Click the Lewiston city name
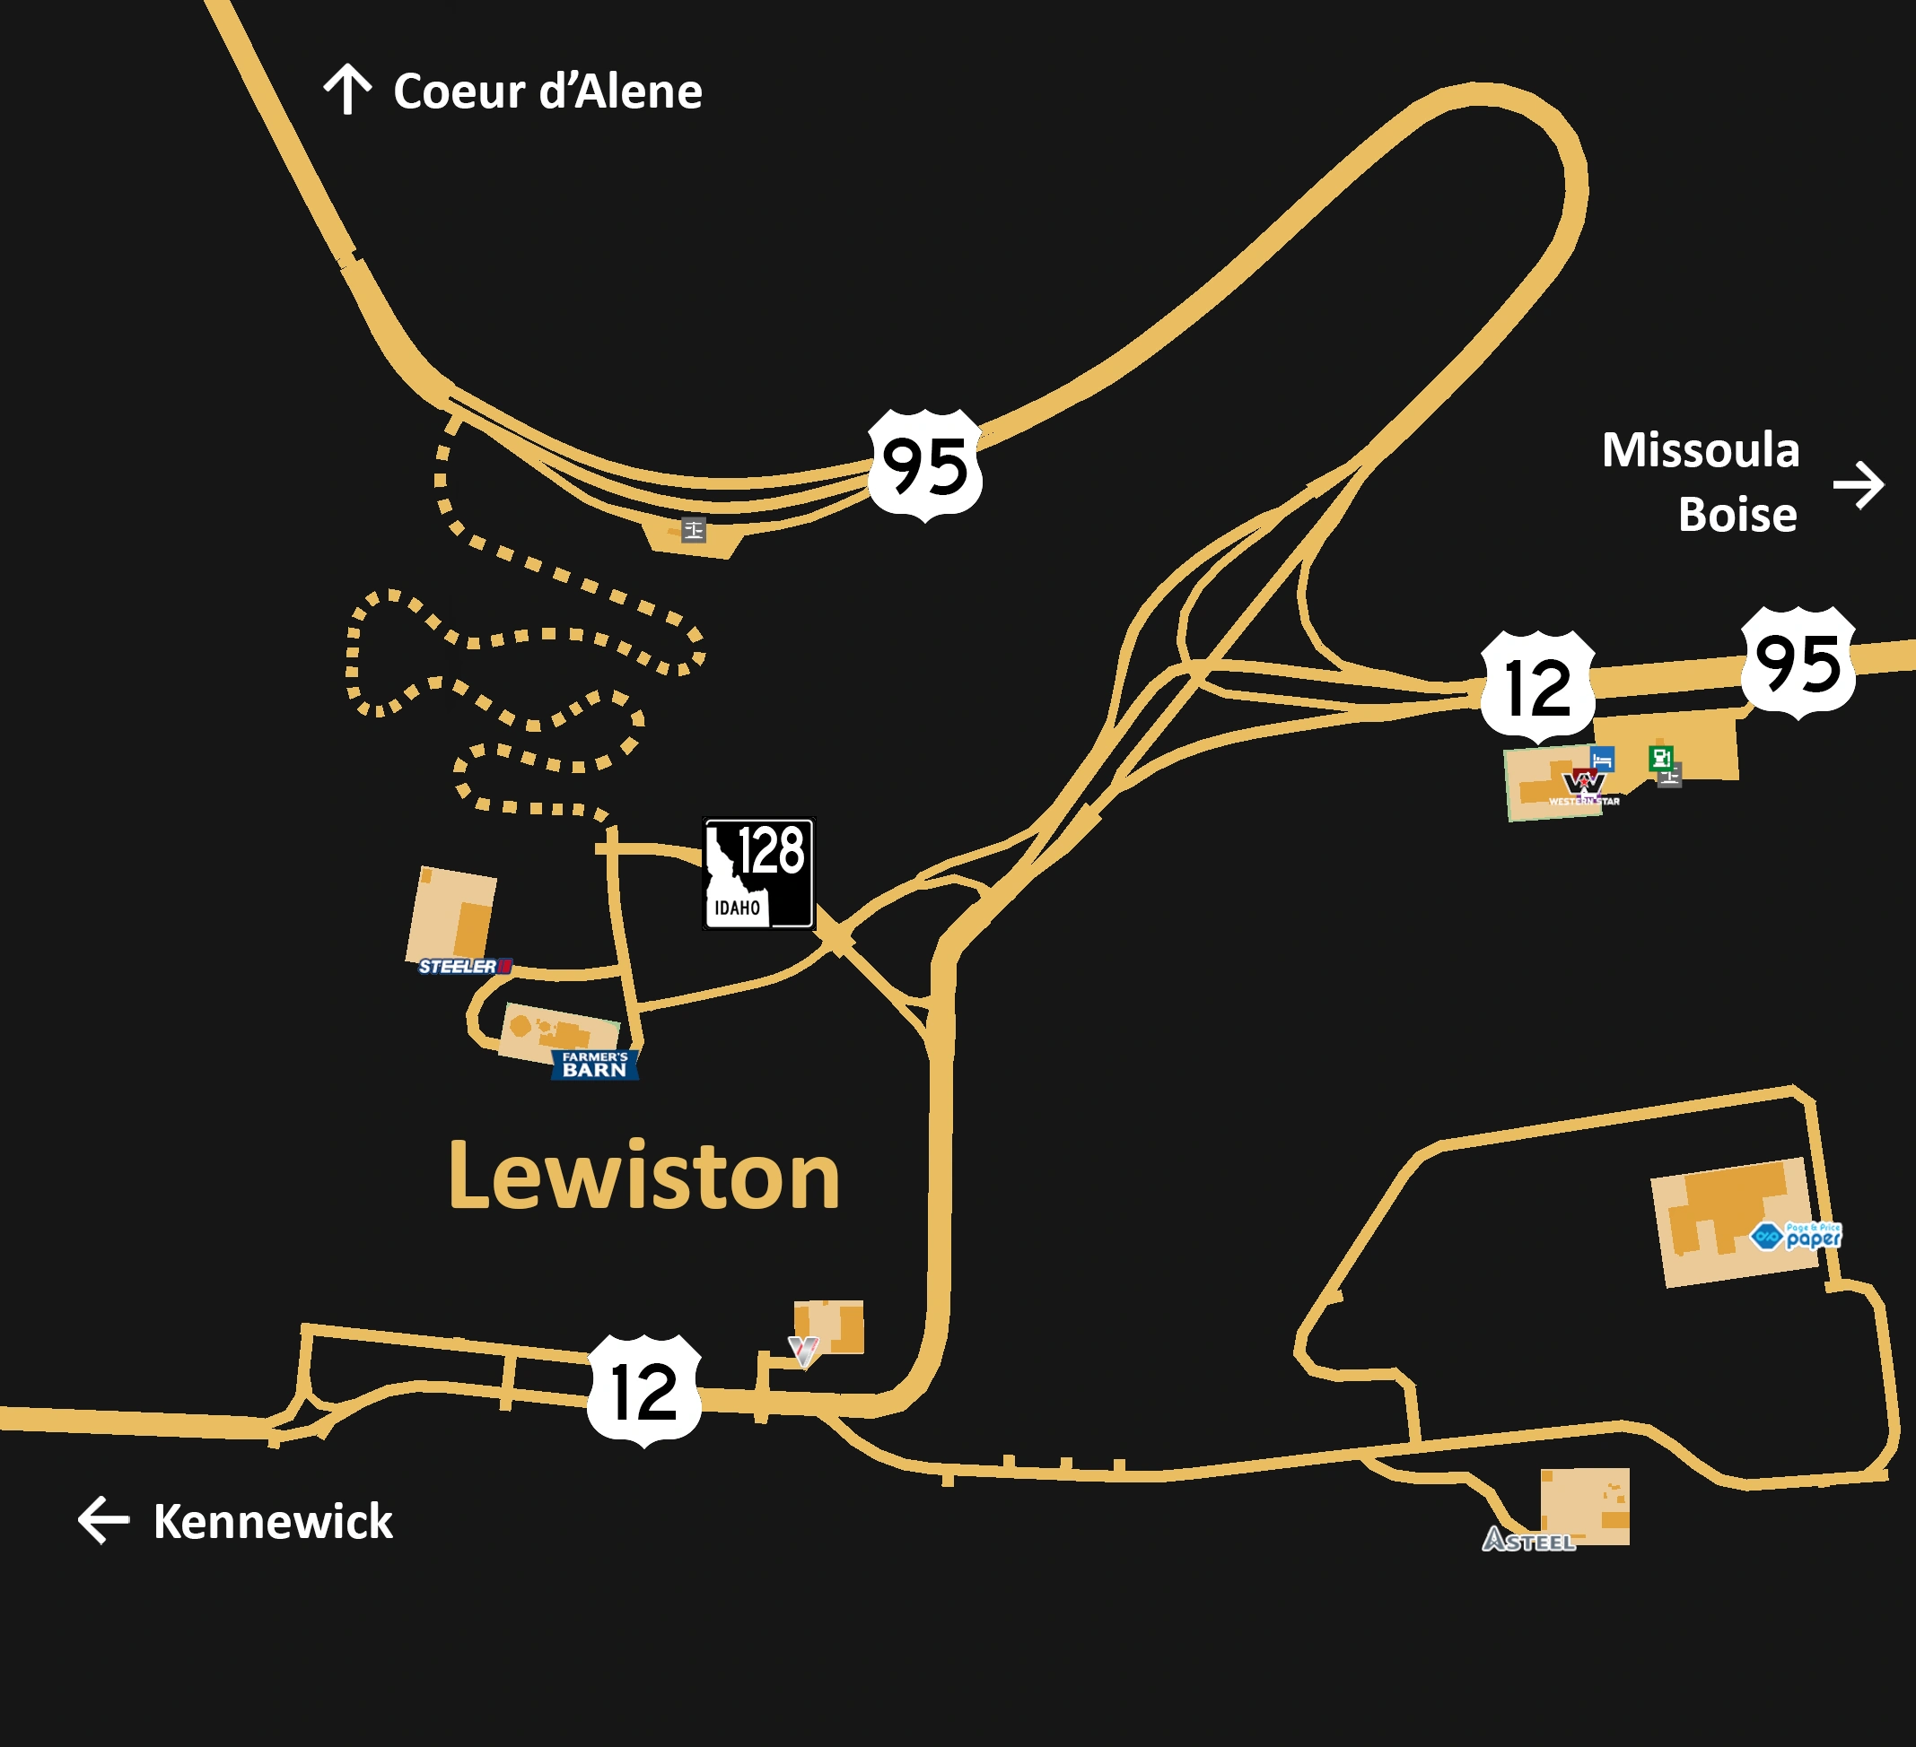pyautogui.click(x=644, y=1177)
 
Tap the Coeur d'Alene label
pyautogui.click(x=547, y=92)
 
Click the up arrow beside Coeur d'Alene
pyautogui.click(x=347, y=90)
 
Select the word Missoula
pyautogui.click(x=1701, y=450)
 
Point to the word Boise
pyautogui.click(x=1737, y=515)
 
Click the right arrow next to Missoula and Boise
pyautogui.click(x=1858, y=485)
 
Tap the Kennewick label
pyautogui.click(x=273, y=1522)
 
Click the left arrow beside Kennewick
pyautogui.click(x=102, y=1520)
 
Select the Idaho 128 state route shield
pyautogui.click(x=757, y=873)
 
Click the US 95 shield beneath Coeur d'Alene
pyautogui.click(x=924, y=465)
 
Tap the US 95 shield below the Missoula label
pyautogui.click(x=1798, y=662)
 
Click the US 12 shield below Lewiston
pyautogui.click(x=644, y=1392)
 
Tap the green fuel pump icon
pyautogui.click(x=1660, y=757)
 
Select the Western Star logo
pyautogui.click(x=1583, y=787)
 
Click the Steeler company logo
pyautogui.click(x=465, y=966)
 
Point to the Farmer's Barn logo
pyautogui.click(x=595, y=1064)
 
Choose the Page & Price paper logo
pyautogui.click(x=1797, y=1236)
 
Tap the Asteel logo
pyautogui.click(x=1528, y=1540)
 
